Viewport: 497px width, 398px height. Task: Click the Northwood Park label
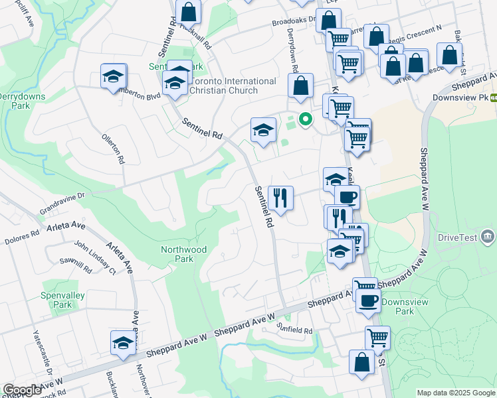[183, 254]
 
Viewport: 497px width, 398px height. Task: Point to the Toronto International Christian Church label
[233, 86]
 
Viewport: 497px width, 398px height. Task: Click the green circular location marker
[305, 119]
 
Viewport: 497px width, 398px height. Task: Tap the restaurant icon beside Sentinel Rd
[280, 198]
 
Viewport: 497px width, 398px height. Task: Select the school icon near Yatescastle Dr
[123, 342]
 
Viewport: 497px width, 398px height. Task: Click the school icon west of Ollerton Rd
[114, 76]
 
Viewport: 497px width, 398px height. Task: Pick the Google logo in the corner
[22, 391]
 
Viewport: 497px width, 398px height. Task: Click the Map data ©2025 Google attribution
[455, 393]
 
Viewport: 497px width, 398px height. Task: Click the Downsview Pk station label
[464, 97]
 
